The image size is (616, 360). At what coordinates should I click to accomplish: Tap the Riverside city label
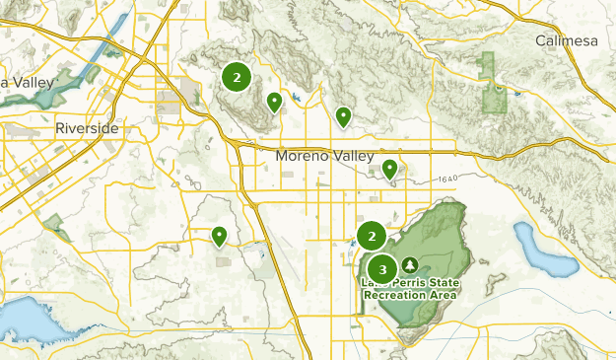click(x=87, y=129)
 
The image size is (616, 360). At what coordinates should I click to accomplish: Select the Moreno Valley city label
click(x=325, y=156)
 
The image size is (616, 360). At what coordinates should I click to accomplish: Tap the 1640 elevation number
click(x=445, y=179)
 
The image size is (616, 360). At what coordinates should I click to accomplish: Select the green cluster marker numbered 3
click(x=382, y=268)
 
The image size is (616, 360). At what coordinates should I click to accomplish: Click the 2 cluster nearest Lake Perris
click(x=372, y=236)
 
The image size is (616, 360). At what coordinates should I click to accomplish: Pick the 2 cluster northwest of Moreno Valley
click(x=237, y=77)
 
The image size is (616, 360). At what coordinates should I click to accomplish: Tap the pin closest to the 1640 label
click(x=389, y=169)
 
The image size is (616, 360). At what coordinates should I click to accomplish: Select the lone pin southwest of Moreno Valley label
click(x=219, y=235)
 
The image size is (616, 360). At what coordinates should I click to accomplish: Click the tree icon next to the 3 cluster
click(x=409, y=265)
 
